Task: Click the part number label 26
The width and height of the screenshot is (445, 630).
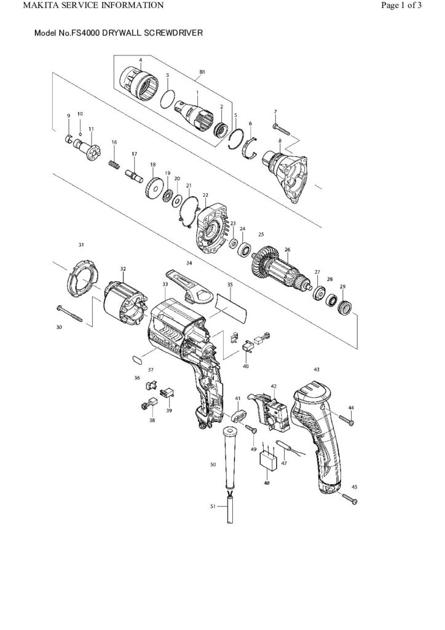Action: [x=287, y=250]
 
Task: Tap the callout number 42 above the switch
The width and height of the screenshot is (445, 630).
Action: [x=274, y=386]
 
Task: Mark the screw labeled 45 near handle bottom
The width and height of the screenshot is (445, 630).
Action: [x=348, y=499]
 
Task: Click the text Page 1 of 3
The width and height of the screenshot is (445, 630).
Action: [x=401, y=6]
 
